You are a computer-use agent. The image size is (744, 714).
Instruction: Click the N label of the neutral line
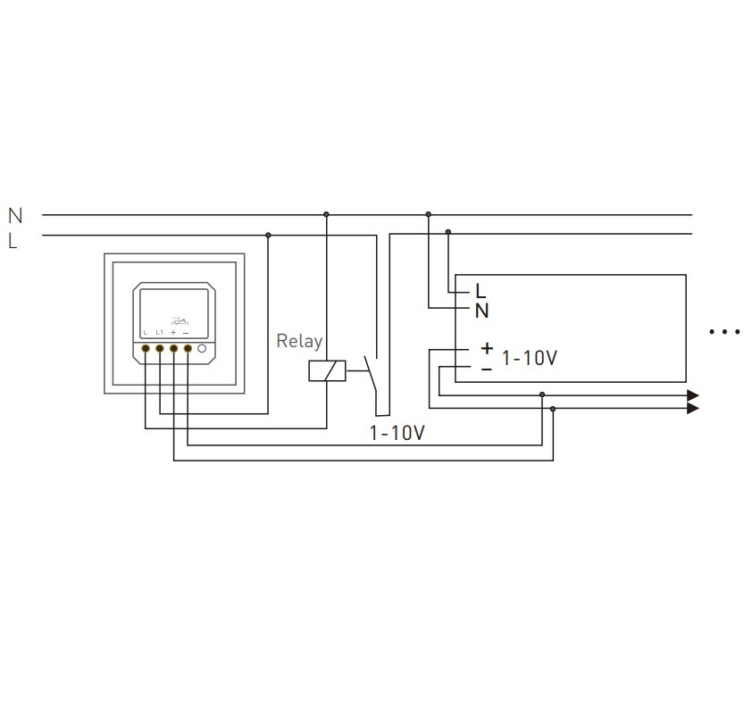14,215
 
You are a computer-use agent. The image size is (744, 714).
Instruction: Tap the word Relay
299,340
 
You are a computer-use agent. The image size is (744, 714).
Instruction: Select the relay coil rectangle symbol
327,370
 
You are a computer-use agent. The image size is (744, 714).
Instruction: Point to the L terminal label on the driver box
481,291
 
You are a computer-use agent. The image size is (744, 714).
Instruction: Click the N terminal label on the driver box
481,311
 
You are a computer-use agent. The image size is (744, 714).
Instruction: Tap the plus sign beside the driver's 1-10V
486,348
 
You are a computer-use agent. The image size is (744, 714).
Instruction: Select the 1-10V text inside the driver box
529,358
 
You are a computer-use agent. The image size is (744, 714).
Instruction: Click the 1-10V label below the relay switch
397,434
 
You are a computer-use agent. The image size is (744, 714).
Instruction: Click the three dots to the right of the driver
724,331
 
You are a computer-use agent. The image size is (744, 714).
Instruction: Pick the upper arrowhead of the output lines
692,394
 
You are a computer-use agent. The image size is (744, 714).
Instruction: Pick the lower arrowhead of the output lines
692,409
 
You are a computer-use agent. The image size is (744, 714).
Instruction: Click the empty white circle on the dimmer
203,349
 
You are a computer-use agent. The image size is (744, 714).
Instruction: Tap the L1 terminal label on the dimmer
159,332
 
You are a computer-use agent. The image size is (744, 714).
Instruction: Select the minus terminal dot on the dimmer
188,349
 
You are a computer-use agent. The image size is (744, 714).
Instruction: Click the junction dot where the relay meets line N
326,214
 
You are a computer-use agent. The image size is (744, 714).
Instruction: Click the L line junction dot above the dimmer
268,235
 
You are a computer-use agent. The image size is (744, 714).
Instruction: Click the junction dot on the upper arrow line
542,394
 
